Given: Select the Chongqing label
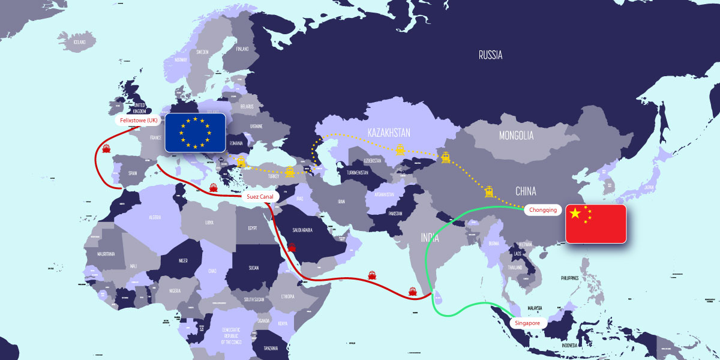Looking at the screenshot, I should pos(544,210).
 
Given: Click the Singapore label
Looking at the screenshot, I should pos(529,323).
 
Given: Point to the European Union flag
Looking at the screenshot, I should pos(195,131).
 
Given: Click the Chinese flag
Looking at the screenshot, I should pos(596,223).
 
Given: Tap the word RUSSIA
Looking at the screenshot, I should pos(490,55).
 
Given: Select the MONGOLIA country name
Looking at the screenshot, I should pos(516,136).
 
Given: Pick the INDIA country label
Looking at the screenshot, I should pos(429,238).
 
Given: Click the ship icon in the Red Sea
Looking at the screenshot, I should pos(292,247).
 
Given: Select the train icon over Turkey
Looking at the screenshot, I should pos(290,172).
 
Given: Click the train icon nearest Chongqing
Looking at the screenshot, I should pos(489,192).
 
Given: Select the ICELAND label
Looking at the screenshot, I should pos(79,43).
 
